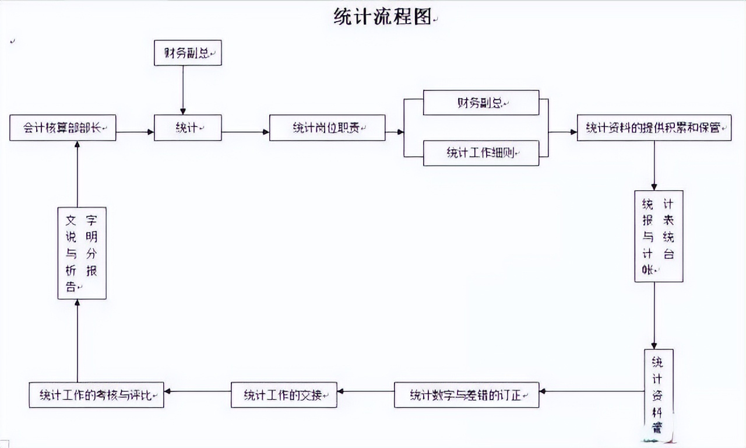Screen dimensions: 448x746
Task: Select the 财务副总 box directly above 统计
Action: pos(188,52)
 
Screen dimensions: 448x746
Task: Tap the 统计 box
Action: pos(188,128)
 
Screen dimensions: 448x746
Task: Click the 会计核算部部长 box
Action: pos(63,128)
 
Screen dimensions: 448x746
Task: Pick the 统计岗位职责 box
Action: pos(327,128)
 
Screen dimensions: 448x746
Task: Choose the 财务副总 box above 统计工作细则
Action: pos(481,103)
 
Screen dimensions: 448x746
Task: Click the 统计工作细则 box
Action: pos(481,153)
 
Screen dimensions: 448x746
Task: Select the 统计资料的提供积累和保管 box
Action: pos(654,128)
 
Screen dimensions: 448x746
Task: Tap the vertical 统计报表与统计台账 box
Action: pos(659,236)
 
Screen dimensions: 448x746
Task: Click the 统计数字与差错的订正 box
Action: pos(466,395)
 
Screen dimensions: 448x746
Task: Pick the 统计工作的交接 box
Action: pos(284,395)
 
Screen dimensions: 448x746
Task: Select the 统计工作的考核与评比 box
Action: pos(96,395)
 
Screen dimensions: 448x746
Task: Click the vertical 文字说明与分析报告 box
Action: pos(82,253)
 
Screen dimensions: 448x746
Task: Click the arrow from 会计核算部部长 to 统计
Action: pos(135,132)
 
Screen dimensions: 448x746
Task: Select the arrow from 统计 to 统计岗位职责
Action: pos(245,132)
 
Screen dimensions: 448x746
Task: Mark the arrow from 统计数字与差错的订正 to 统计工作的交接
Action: pos(365,391)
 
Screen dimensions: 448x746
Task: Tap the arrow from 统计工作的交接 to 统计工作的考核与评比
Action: pos(197,391)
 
